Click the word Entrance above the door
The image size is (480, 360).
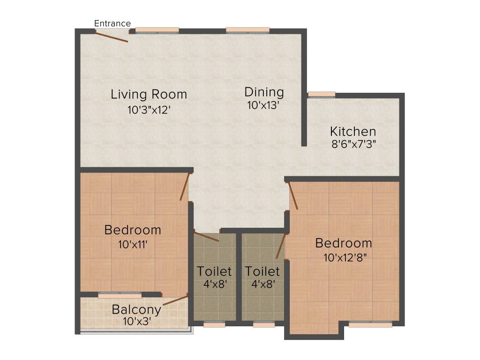click(x=112, y=23)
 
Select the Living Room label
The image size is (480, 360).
click(x=149, y=94)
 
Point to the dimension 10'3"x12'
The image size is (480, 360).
click(x=149, y=110)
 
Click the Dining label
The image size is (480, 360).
click(x=264, y=91)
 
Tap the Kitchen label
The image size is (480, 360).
click(x=353, y=131)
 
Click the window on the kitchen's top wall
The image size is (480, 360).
click(x=322, y=94)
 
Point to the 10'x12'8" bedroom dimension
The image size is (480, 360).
click(x=345, y=257)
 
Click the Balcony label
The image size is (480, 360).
click(x=136, y=309)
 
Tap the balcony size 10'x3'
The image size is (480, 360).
click(x=136, y=322)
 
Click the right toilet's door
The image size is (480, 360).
click(x=281, y=247)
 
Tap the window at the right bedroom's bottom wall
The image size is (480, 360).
click(x=370, y=323)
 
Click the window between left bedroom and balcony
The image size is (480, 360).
click(x=120, y=295)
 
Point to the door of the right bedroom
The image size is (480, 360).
click(x=293, y=195)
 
